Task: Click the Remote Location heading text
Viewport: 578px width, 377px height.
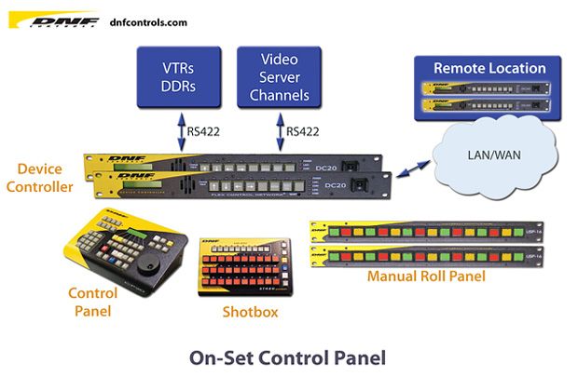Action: pyautogui.click(x=489, y=68)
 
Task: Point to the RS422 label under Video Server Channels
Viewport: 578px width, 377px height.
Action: pyautogui.click(x=302, y=131)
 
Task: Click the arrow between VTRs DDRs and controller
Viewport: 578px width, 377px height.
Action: pyautogui.click(x=181, y=130)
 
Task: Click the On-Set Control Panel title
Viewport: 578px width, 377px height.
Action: pyautogui.click(x=287, y=356)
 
